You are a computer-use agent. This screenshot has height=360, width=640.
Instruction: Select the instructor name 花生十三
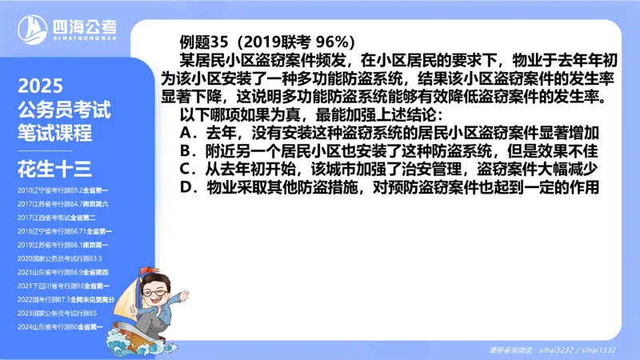click(55, 167)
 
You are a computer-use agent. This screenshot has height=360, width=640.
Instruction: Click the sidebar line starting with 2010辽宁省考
click(63, 190)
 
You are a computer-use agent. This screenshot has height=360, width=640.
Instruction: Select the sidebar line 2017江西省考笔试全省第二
click(57, 218)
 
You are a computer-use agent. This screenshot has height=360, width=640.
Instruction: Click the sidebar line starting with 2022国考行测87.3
click(66, 299)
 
